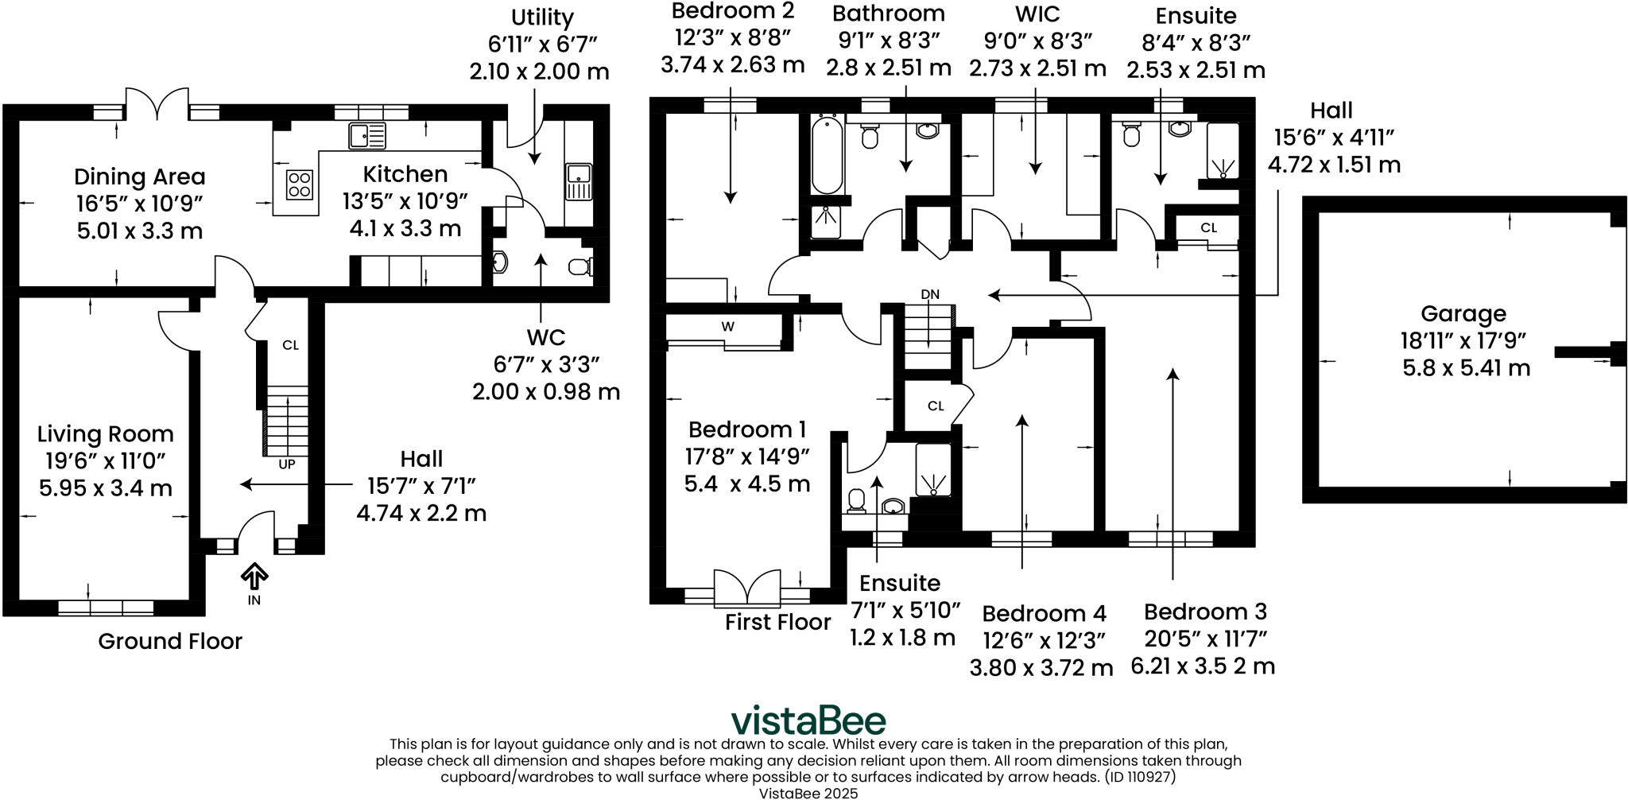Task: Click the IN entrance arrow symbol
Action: [254, 575]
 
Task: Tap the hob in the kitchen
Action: [299, 184]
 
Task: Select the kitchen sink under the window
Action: [367, 136]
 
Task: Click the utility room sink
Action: [579, 181]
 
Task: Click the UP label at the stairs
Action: [286, 464]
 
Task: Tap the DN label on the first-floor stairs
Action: [930, 294]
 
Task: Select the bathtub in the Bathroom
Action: [828, 155]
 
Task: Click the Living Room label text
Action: [105, 434]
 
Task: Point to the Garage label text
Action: [1463, 313]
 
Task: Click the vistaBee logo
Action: [808, 720]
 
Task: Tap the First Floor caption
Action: [777, 622]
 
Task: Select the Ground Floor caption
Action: [170, 641]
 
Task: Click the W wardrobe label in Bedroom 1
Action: [727, 326]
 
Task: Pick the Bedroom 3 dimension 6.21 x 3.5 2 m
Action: [1203, 666]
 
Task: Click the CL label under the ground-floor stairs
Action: [290, 344]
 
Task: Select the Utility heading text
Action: [542, 17]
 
